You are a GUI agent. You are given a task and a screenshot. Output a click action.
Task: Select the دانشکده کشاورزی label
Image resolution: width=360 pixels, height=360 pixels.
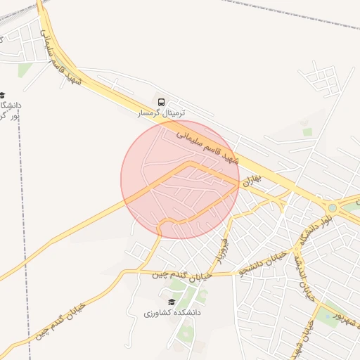[172, 311]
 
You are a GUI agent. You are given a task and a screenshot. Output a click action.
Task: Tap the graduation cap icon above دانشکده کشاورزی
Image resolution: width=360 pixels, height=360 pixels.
[172, 301]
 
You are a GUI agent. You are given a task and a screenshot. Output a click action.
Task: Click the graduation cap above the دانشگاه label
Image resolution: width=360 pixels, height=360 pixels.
[2, 95]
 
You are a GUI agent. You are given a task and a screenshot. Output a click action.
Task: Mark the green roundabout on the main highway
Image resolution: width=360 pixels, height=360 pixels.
[332, 207]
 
